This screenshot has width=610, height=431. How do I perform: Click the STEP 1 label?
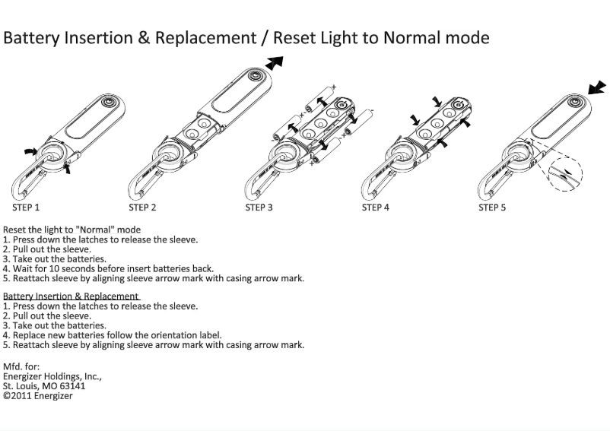click(x=26, y=207)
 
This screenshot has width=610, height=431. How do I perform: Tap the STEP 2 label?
click(x=142, y=207)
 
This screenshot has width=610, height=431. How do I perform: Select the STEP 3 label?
click(x=259, y=207)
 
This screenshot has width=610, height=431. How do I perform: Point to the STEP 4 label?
click(x=376, y=207)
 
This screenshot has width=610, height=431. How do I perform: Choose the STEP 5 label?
click(x=492, y=207)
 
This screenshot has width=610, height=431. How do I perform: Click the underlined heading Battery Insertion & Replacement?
click(x=71, y=296)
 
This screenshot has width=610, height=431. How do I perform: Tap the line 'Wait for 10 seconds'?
click(x=108, y=268)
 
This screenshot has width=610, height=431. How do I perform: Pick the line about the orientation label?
click(x=113, y=334)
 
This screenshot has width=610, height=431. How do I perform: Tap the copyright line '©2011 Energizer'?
click(x=38, y=396)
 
